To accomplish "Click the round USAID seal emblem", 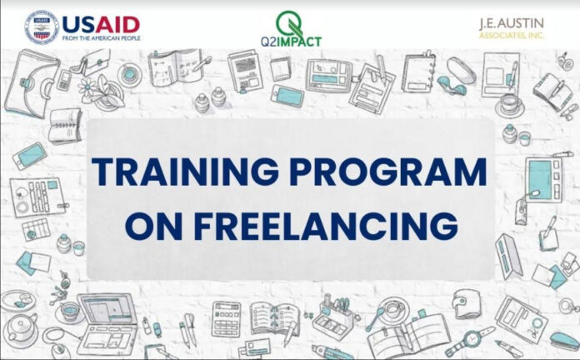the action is coord(42,27).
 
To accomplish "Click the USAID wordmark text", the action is coord(101,25).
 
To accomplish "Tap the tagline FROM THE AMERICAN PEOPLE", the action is coord(102,38).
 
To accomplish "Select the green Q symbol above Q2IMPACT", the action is coord(290,23).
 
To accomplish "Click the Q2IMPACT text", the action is coord(291,42).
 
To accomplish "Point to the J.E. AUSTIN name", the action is coord(512,24).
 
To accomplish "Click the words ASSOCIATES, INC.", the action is coord(512,36).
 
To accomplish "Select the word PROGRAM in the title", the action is coord(388,172).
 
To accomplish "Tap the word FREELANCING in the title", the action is coord(326,225).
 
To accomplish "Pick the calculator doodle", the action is coord(226,319).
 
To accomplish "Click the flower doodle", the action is coord(88,87).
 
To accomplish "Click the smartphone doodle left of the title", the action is coord(30,156).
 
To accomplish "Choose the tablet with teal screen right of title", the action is coord(543,180).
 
